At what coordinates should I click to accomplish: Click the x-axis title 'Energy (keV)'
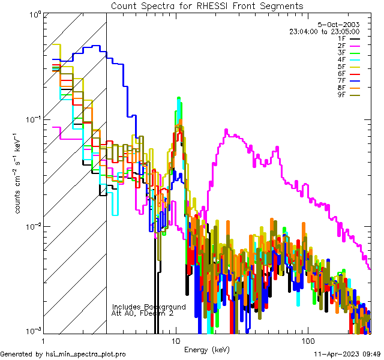207,349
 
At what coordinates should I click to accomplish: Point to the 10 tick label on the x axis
175,340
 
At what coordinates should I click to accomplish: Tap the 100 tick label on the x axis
307,340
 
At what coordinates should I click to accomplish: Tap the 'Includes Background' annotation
149,307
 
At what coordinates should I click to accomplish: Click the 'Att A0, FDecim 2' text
143,313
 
